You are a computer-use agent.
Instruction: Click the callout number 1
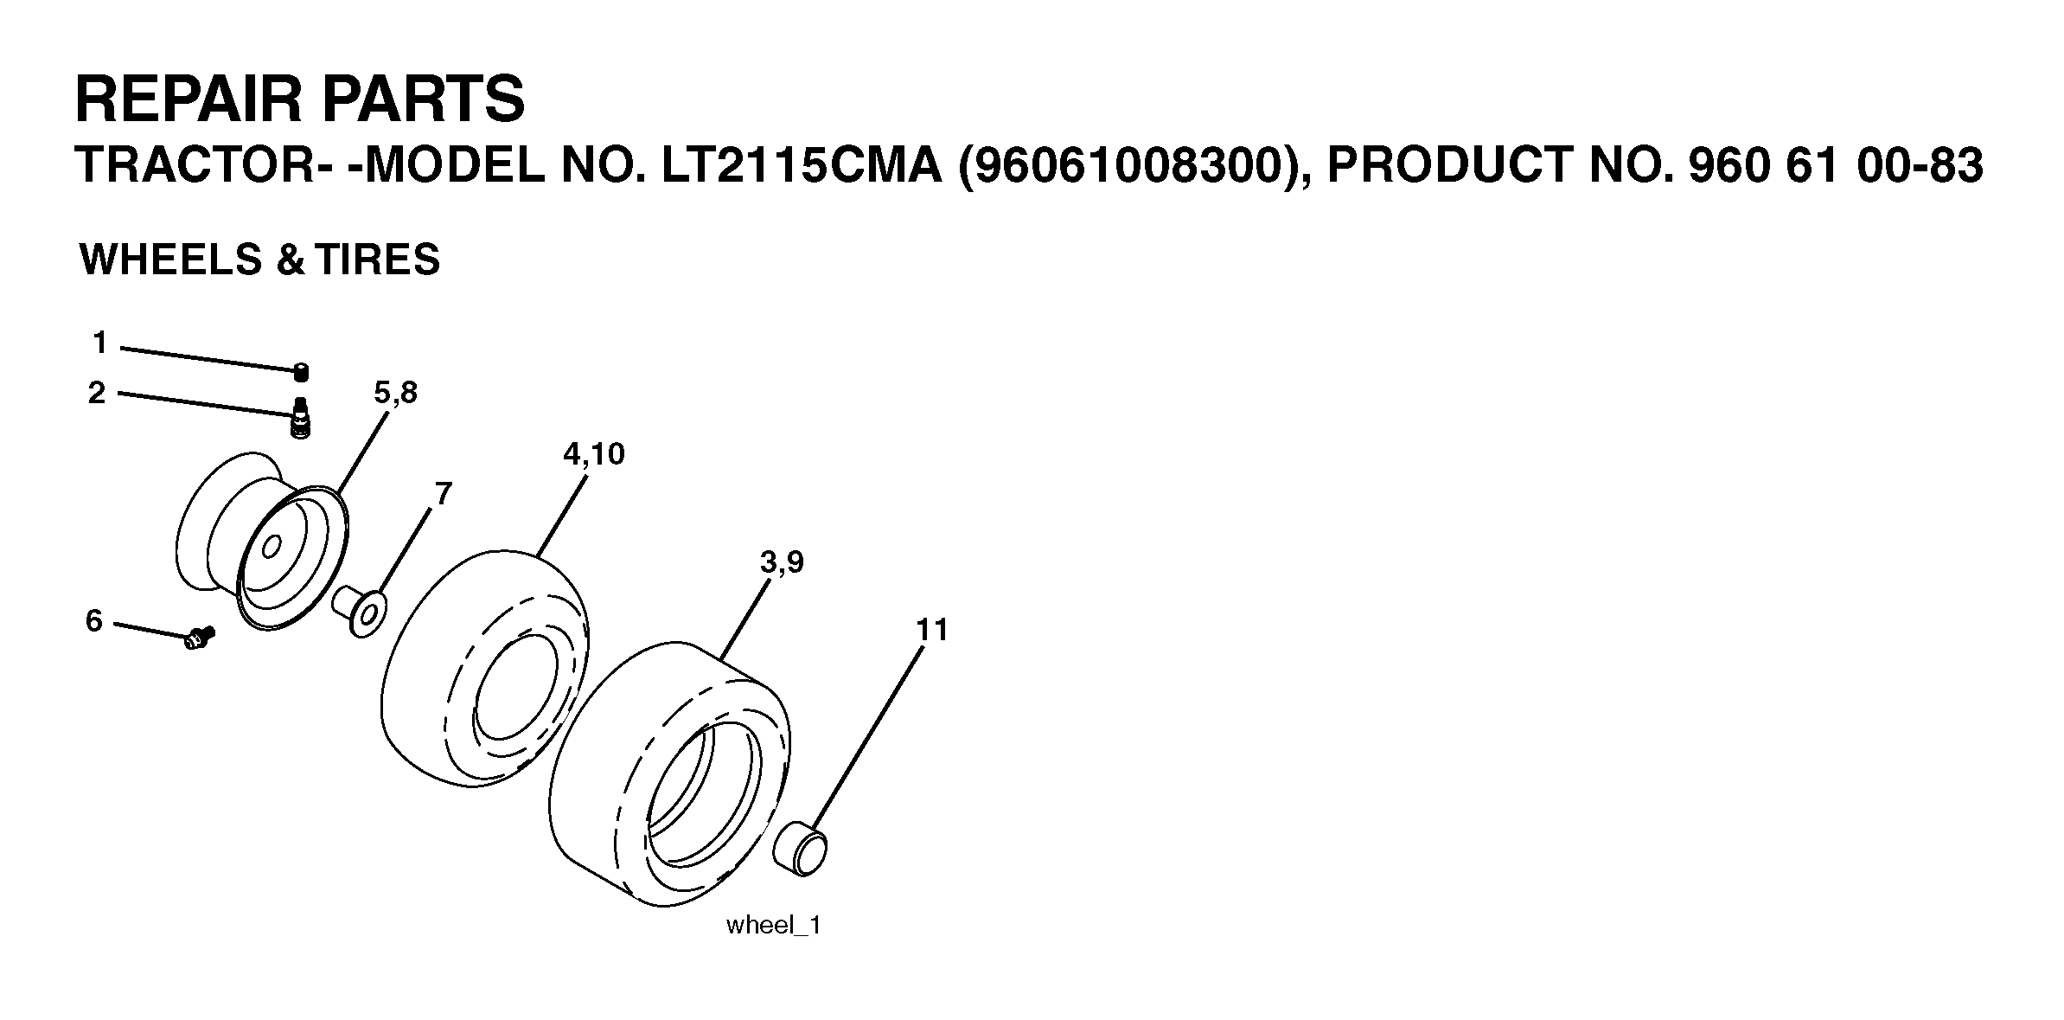click(100, 343)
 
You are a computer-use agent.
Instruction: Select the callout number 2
click(97, 393)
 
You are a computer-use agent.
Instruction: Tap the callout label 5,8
click(395, 394)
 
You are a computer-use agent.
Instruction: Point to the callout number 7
click(443, 494)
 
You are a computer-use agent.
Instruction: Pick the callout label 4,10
click(593, 454)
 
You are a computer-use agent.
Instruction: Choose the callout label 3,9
click(782, 563)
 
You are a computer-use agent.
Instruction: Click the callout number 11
click(932, 630)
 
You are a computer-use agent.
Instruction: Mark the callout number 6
click(94, 620)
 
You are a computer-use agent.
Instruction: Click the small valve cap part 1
click(301, 373)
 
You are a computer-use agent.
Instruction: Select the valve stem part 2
click(301, 419)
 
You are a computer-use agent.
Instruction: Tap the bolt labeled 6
click(199, 639)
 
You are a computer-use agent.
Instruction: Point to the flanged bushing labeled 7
click(361, 613)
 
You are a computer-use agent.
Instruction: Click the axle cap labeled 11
click(800, 850)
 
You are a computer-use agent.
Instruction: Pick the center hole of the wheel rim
click(271, 548)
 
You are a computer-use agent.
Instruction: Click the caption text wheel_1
click(773, 925)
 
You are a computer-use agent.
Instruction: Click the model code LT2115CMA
click(802, 166)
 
